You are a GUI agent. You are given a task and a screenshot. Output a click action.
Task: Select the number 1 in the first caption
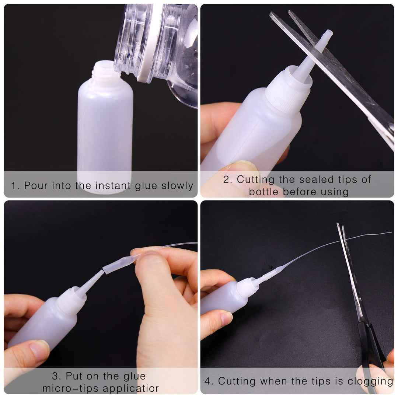click(x=14, y=185)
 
